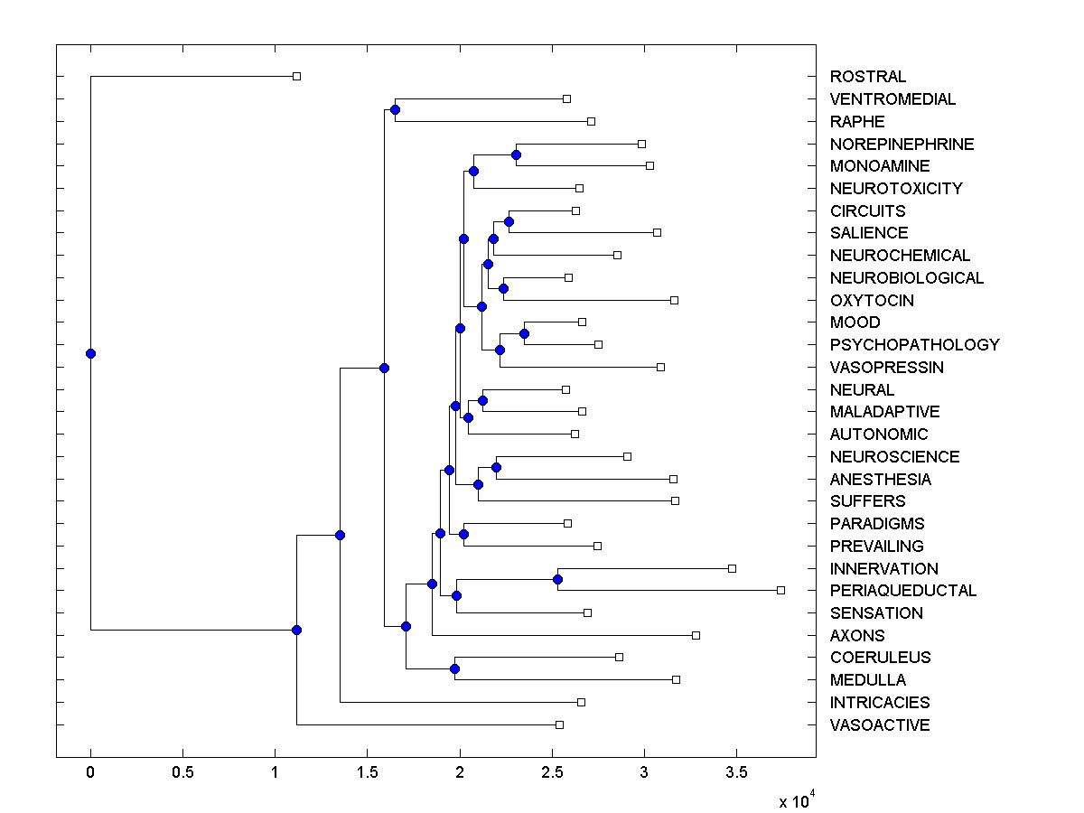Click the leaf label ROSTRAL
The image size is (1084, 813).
tap(867, 77)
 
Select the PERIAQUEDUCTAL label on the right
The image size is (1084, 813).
tap(902, 591)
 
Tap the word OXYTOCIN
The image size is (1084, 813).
tap(872, 301)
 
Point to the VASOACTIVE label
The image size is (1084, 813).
tap(879, 725)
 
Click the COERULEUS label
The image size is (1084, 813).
tap(880, 658)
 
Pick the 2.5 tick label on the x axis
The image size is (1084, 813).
tap(551, 772)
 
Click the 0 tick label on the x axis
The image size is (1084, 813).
tap(90, 772)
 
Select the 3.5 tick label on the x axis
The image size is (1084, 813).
tap(736, 772)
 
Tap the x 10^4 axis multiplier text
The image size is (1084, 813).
tap(798, 800)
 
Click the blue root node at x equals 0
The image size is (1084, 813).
tap(90, 353)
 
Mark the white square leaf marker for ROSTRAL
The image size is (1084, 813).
tap(296, 76)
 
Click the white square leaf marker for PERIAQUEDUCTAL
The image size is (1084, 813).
tap(780, 590)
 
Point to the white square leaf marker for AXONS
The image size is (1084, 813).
tap(696, 635)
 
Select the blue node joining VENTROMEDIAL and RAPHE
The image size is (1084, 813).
tap(395, 109)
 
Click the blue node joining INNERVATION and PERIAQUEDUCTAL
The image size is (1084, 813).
tap(558, 579)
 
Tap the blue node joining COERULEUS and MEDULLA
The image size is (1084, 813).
tap(454, 668)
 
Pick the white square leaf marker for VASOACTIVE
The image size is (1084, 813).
tap(559, 724)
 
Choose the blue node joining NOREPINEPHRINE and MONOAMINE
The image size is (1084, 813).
tap(516, 154)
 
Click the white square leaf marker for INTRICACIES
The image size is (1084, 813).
tap(581, 702)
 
